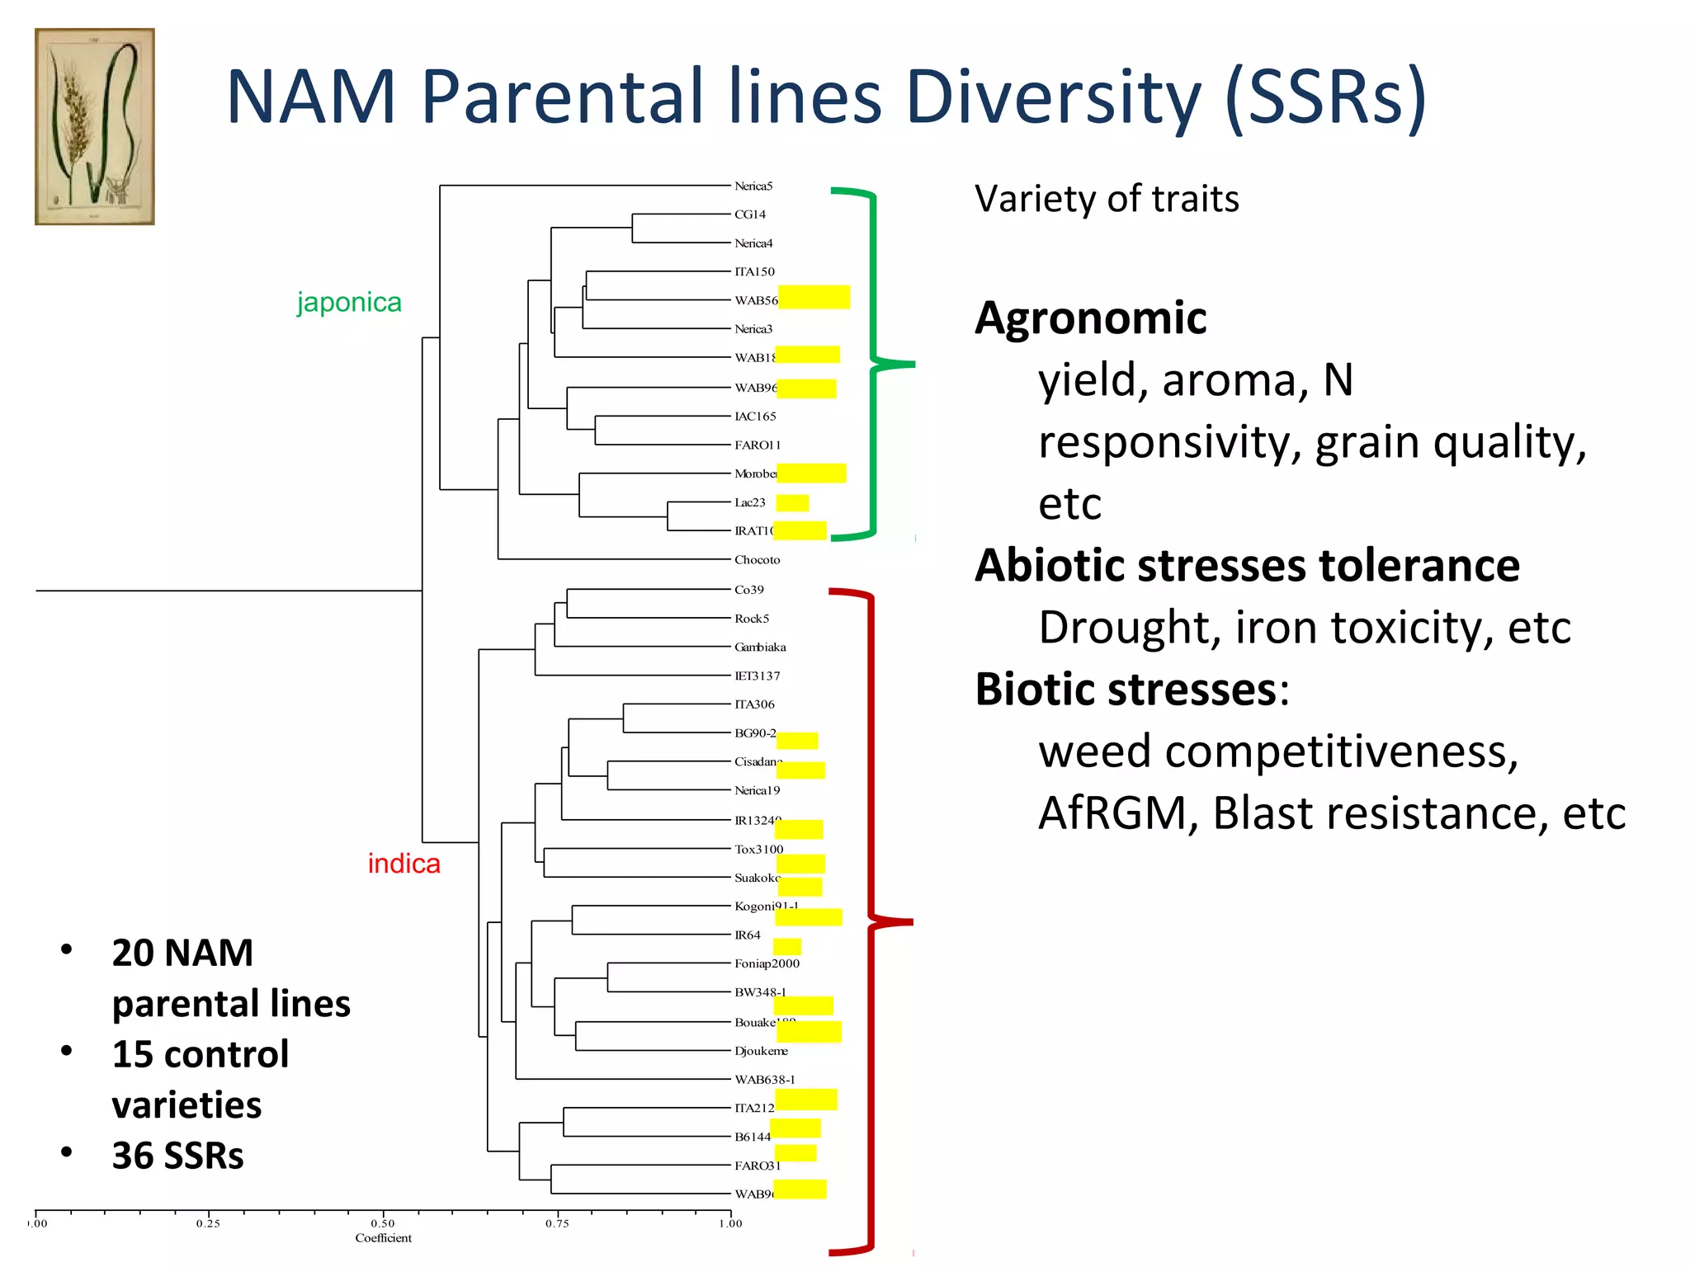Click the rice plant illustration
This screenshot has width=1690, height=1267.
94,126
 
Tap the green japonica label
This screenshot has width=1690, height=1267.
349,302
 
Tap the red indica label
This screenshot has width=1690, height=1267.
404,864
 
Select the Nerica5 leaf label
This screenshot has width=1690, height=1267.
753,186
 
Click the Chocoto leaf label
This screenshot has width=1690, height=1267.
757,560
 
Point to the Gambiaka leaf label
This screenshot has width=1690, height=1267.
760,648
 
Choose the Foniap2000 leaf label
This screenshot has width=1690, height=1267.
767,963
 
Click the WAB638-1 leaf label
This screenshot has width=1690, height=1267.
764,1080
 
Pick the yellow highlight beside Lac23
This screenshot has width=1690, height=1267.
792,503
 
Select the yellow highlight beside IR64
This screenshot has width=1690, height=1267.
786,947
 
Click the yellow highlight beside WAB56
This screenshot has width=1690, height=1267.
814,297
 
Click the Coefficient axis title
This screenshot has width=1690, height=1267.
383,1238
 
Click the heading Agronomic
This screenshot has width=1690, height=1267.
1090,318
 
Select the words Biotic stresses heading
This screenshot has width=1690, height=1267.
1126,690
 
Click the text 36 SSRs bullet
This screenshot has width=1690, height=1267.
177,1156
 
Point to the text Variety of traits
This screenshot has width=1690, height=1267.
1106,199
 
